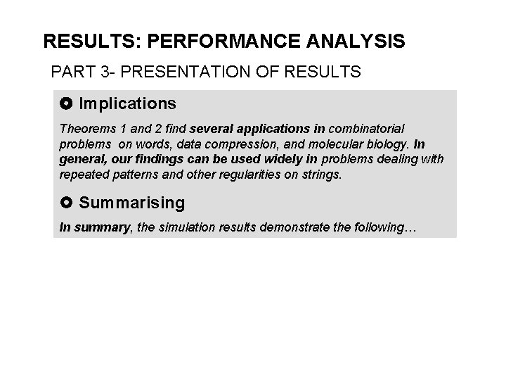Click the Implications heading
click(x=127, y=104)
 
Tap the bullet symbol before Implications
click(x=67, y=104)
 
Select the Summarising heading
click(x=132, y=203)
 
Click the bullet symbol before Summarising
click(x=67, y=203)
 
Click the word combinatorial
click(x=366, y=129)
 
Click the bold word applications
click(x=277, y=129)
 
